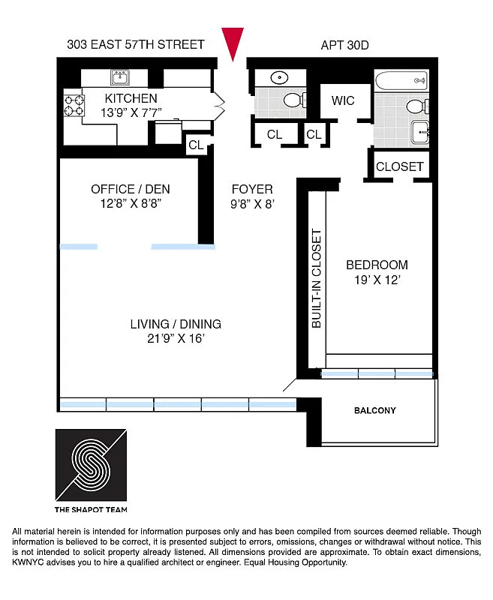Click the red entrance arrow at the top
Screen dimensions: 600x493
coord(234,43)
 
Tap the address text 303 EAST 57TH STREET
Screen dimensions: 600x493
coord(135,44)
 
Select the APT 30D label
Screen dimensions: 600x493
coord(344,45)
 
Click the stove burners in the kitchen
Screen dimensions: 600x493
coord(73,105)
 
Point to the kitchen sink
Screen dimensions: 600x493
coord(119,77)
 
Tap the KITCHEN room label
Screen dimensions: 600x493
coord(131,98)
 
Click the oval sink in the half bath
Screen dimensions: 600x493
coord(279,77)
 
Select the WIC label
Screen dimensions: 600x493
coord(343,100)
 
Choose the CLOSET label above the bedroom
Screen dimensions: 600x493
coord(399,166)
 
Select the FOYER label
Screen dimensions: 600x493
coord(252,189)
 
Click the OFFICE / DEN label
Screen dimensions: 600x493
coord(127,189)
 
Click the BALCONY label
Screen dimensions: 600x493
coord(374,411)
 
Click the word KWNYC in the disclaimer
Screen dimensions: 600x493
coord(33,562)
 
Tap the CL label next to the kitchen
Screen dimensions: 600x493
coord(196,145)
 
